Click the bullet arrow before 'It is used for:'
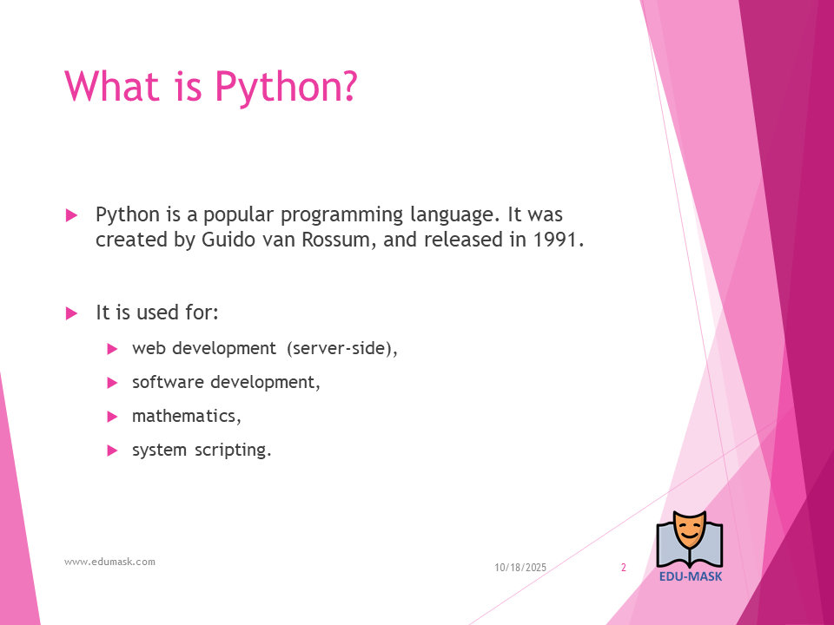point(71,313)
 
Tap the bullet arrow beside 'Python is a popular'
point(71,215)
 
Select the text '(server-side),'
point(342,349)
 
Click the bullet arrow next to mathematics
point(112,417)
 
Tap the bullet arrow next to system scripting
point(112,451)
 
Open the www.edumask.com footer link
point(110,562)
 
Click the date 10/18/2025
point(520,568)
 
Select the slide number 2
point(624,568)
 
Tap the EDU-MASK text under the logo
point(691,576)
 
